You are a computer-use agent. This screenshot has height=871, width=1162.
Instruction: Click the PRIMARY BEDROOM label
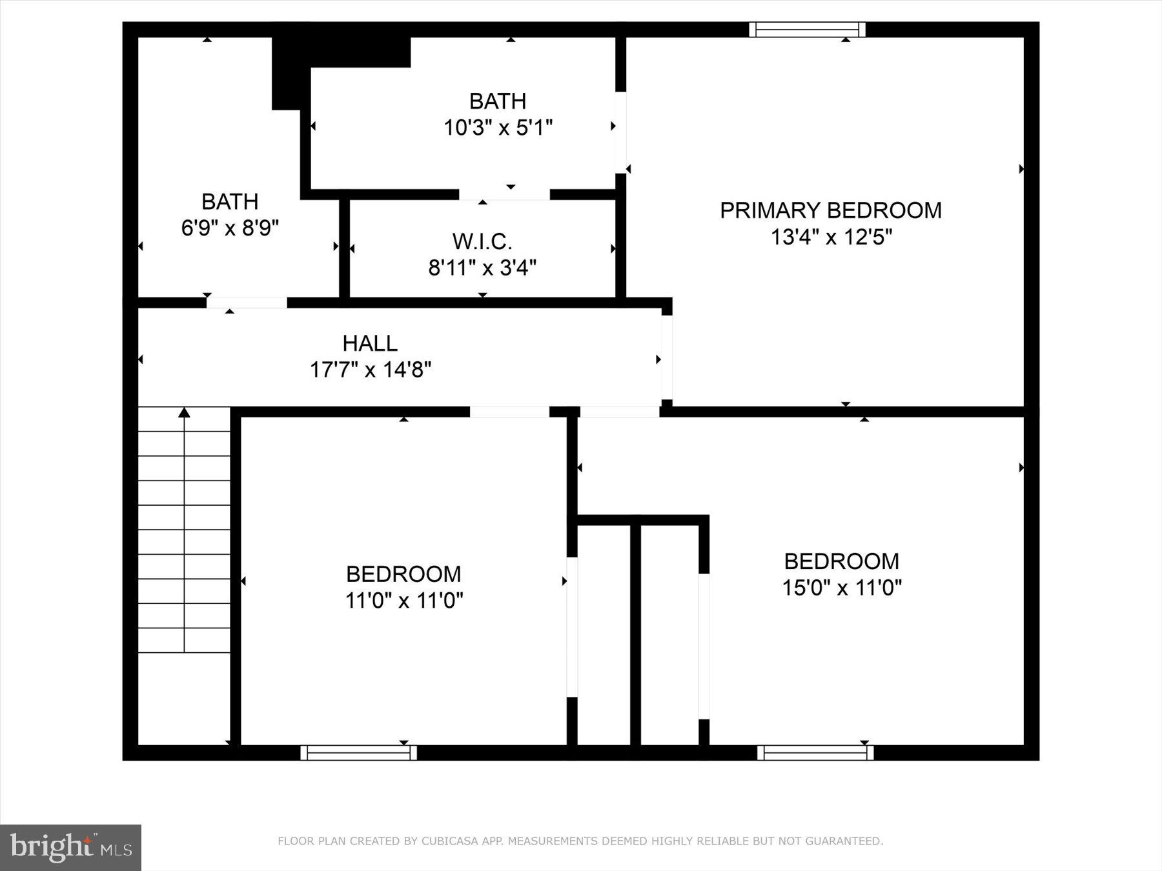[x=830, y=210]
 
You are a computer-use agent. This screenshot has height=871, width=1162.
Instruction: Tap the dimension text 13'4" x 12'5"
[x=831, y=237]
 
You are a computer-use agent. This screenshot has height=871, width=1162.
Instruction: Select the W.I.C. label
[x=482, y=241]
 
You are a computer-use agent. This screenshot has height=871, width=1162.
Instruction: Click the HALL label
[x=370, y=343]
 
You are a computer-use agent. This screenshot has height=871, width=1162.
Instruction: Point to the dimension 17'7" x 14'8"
[x=370, y=370]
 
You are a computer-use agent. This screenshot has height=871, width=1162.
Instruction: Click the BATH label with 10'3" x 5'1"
[x=497, y=101]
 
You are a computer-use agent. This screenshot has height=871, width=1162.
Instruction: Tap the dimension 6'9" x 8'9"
[x=230, y=228]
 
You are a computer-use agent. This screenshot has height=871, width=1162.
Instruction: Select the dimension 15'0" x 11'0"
[x=841, y=588]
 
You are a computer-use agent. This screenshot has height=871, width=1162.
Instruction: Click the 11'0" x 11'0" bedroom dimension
[x=404, y=601]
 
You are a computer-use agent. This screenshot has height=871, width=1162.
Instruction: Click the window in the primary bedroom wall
[x=807, y=30]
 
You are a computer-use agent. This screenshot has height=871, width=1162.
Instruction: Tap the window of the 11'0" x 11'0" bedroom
[x=358, y=752]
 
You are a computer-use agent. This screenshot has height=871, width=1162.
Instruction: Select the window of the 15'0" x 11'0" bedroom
[x=815, y=752]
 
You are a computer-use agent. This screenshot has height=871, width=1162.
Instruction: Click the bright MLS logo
[x=70, y=847]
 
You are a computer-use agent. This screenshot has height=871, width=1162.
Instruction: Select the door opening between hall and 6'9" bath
[x=247, y=303]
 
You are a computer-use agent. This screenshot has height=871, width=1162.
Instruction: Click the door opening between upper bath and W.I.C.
[x=504, y=194]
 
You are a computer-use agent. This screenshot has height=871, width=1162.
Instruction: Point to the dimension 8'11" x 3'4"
[x=482, y=268]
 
